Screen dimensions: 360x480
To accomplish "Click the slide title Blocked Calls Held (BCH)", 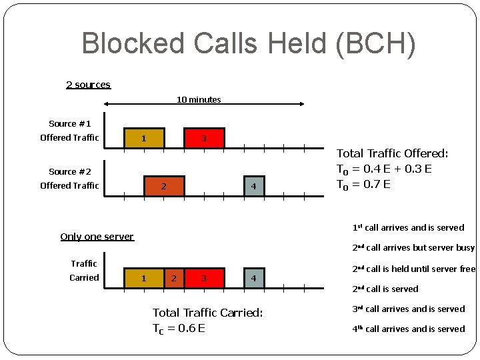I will pyautogui.click(x=248, y=44).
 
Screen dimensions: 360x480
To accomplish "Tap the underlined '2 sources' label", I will pyautogui.click(x=88, y=85).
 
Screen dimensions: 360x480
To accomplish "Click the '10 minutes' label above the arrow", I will pyautogui.click(x=199, y=99).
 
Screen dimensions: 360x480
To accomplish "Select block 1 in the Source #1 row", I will pyautogui.click(x=143, y=138).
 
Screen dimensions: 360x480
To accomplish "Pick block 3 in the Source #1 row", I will pyautogui.click(x=204, y=138).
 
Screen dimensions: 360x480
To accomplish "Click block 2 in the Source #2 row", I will pyautogui.click(x=163, y=185).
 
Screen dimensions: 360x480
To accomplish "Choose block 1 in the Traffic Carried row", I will pyautogui.click(x=143, y=277).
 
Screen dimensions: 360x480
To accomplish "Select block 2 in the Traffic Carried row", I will pyautogui.click(x=173, y=277).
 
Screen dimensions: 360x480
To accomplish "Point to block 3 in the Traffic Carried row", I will pyautogui.click(x=204, y=277).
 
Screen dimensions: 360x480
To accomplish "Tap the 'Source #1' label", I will pyautogui.click(x=69, y=124).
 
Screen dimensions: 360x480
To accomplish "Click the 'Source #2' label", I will pyautogui.click(x=69, y=171).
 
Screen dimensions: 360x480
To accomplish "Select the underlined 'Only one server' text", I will pyautogui.click(x=97, y=237).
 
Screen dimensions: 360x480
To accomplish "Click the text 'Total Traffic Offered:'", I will pyautogui.click(x=392, y=154).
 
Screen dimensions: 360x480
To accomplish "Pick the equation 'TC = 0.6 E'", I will pyautogui.click(x=179, y=328).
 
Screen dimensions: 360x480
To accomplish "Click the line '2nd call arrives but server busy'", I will pyautogui.click(x=413, y=248).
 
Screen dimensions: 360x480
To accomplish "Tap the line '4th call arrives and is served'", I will pyautogui.click(x=408, y=329).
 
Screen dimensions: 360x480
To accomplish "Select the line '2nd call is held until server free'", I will pyautogui.click(x=413, y=269).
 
